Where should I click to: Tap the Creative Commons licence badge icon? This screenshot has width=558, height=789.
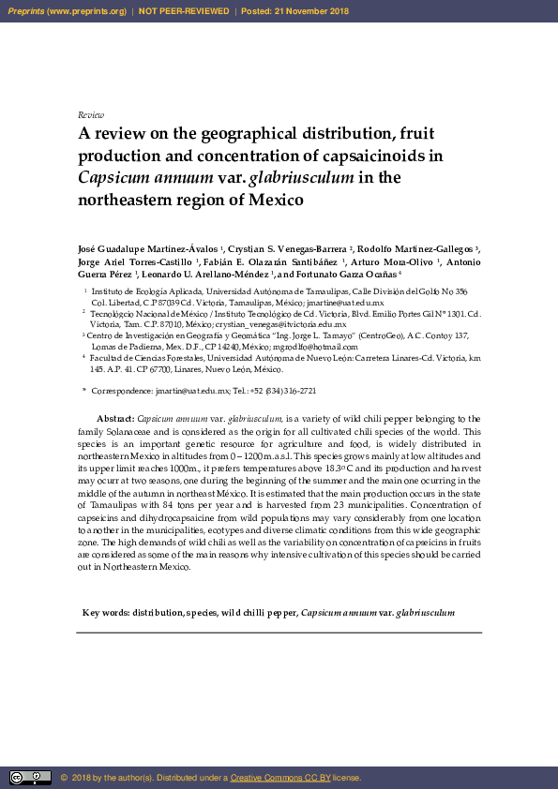(30, 777)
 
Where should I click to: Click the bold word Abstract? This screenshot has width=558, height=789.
(115, 418)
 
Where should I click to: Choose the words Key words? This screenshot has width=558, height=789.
(105, 613)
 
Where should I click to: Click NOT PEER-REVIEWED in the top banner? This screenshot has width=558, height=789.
(184, 11)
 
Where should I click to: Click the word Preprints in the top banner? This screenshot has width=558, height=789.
(27, 11)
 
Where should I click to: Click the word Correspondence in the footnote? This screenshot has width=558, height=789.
(121, 390)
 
